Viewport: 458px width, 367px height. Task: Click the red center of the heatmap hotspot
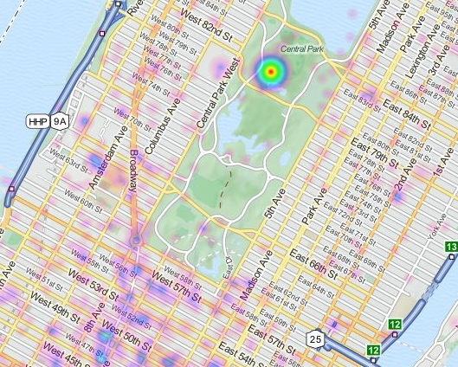pos(271,71)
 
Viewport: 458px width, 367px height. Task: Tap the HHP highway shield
pos(38,121)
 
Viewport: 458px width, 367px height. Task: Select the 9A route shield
pos(60,121)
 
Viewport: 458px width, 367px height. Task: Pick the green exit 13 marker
pos(451,248)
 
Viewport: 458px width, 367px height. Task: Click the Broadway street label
pos(136,159)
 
